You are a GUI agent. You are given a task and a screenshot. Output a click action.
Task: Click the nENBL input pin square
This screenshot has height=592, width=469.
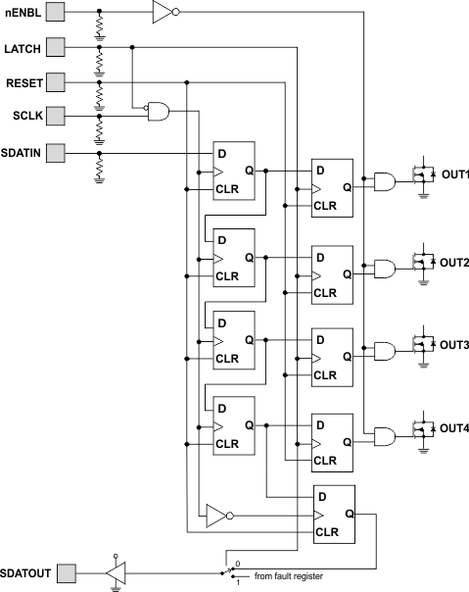coord(57,13)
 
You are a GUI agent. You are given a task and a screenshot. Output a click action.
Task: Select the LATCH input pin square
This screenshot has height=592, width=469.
coord(57,46)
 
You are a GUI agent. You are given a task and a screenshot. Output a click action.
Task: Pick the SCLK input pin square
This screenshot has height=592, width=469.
coord(57,116)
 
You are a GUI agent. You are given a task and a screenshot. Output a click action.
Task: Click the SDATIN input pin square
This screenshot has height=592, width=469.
coord(57,151)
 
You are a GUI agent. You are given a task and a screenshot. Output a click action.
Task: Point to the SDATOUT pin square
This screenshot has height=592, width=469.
coord(67,571)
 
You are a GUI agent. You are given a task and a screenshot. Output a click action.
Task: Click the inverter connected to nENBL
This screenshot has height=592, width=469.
coord(164,13)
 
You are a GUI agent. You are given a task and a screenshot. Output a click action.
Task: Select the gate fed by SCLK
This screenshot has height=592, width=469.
coord(158,113)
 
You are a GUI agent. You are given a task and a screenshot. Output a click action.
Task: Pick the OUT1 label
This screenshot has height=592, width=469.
coord(454,175)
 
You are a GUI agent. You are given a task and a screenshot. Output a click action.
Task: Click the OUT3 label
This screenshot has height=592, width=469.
coord(454,346)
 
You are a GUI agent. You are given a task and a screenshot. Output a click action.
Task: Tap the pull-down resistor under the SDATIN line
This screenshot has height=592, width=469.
coord(99,169)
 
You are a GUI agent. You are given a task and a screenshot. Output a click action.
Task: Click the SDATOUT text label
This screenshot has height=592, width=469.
coord(25,571)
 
